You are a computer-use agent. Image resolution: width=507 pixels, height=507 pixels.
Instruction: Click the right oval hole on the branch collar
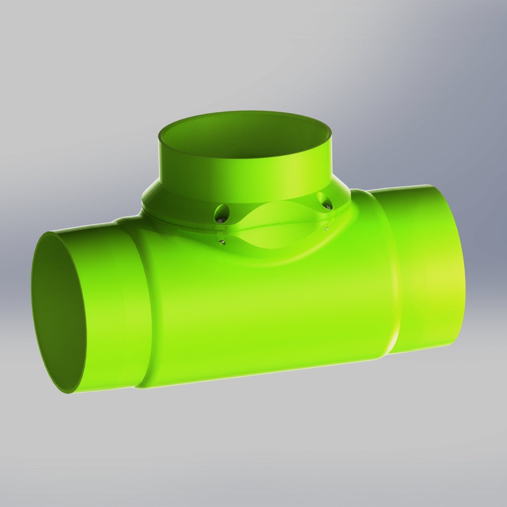323,200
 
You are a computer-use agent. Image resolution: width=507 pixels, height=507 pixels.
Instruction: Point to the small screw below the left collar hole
222,242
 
